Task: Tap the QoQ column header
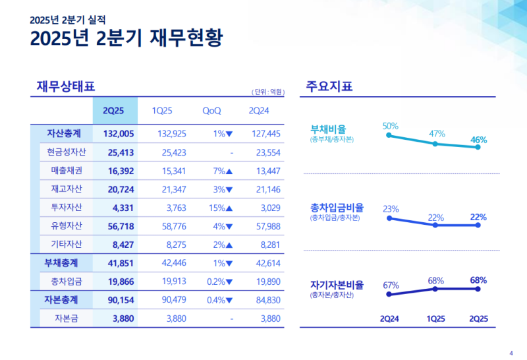click(212, 111)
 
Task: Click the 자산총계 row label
click(64, 133)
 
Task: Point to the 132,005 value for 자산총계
click(119, 133)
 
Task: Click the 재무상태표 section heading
click(66, 86)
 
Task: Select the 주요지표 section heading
click(329, 86)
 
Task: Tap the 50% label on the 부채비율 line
click(390, 125)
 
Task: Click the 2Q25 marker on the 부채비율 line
click(478, 148)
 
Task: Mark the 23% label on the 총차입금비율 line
click(391, 209)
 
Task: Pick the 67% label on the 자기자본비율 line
click(391, 285)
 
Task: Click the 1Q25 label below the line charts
click(435, 318)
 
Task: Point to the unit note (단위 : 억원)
click(268, 92)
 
